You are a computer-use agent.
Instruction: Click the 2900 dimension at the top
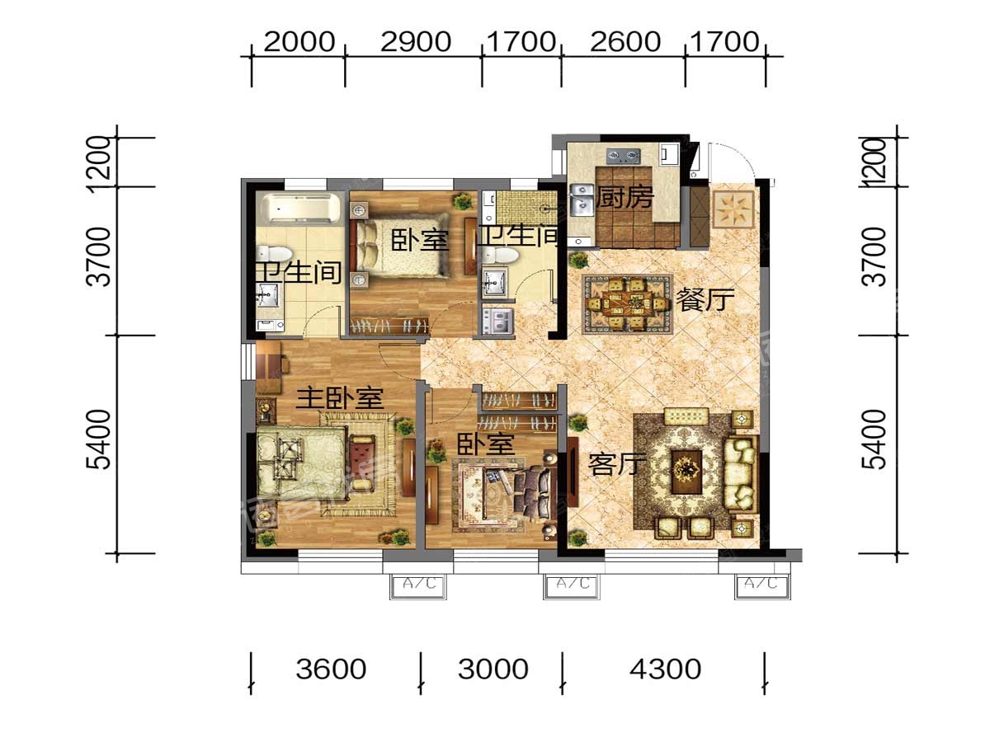(x=416, y=42)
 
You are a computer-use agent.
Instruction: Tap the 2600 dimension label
(x=625, y=42)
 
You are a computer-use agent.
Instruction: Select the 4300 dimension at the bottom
(x=665, y=669)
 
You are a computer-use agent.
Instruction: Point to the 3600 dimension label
(x=331, y=669)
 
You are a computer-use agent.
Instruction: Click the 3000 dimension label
(x=493, y=669)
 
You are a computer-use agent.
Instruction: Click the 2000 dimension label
(x=299, y=42)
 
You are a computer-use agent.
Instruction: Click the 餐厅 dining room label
(x=705, y=299)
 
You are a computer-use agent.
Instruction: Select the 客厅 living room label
(x=617, y=463)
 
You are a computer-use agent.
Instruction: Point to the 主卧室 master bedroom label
(x=340, y=398)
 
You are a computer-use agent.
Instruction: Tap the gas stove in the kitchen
(x=624, y=157)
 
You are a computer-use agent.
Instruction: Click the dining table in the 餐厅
(x=627, y=303)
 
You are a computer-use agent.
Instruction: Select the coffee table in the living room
(x=686, y=472)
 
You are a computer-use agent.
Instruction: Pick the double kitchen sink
(x=582, y=200)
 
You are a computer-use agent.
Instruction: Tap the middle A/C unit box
(x=572, y=586)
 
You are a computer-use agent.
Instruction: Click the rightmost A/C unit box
(x=762, y=586)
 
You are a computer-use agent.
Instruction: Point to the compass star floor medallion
(x=733, y=210)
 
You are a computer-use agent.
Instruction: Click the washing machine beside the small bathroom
(x=498, y=320)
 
